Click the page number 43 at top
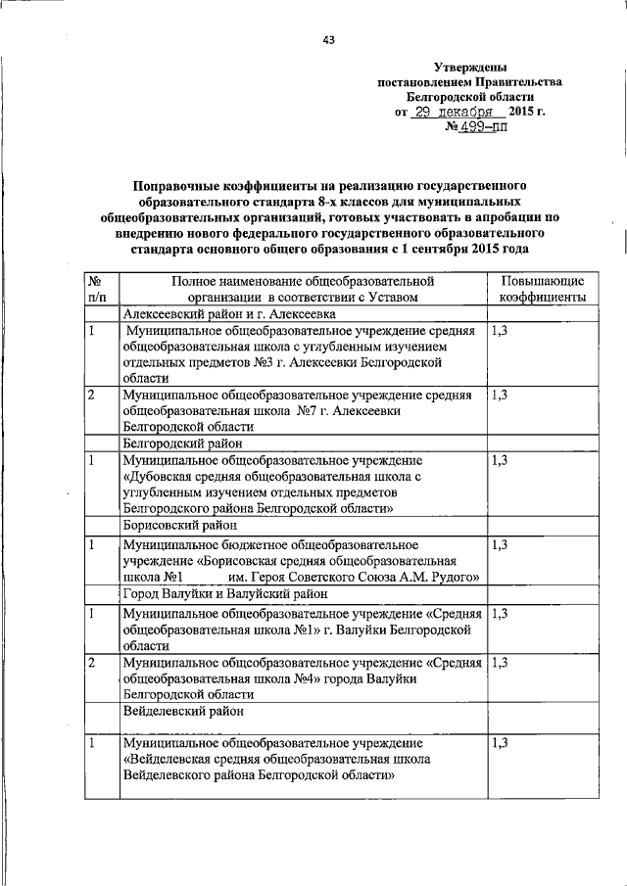tap(328, 39)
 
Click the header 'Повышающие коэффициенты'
tap(543, 288)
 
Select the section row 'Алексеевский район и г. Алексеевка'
tap(229, 314)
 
